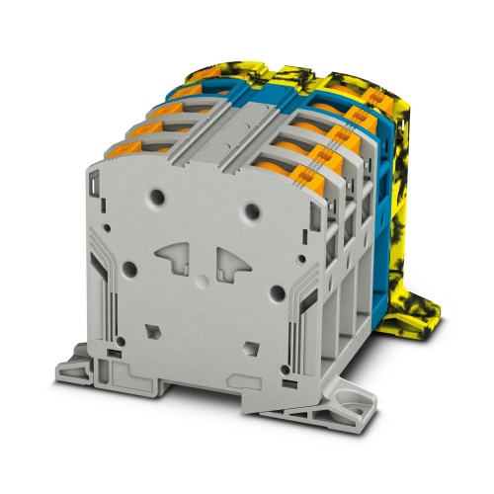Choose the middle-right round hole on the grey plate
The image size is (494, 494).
tap(278, 292)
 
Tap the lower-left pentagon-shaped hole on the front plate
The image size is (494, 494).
tap(153, 331)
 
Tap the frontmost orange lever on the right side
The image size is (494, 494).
tap(321, 160)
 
